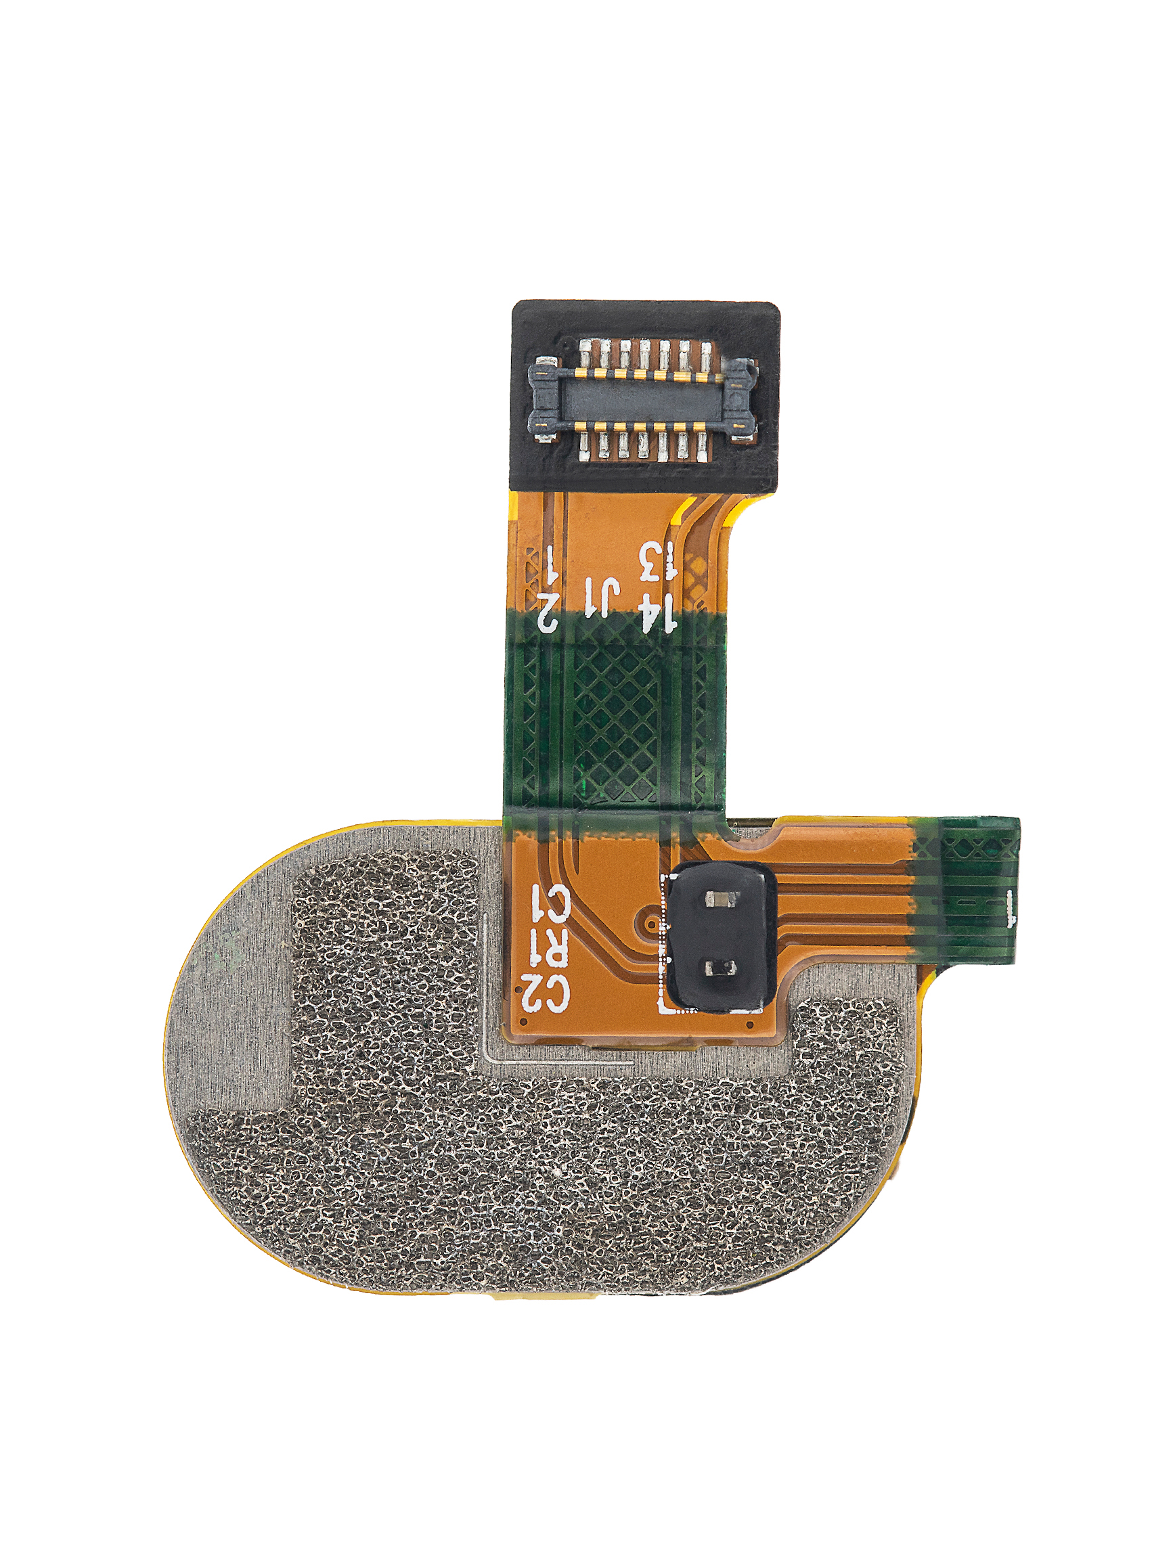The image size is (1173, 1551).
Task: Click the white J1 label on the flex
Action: coord(602,598)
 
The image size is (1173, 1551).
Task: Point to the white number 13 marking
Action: coord(659,562)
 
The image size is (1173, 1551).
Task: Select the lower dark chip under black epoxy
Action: coord(718,969)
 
